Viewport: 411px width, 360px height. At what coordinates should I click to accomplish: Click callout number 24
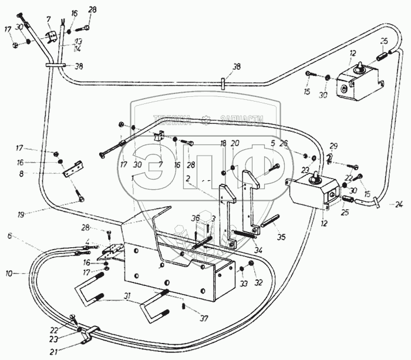(x=399, y=205)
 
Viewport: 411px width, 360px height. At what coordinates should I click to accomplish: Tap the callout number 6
(x=9, y=235)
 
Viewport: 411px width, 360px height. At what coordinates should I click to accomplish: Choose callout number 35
(x=281, y=238)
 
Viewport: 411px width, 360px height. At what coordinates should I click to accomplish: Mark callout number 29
(x=333, y=145)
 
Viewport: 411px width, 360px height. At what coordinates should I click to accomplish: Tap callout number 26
(x=285, y=143)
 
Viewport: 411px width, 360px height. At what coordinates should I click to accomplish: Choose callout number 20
(x=235, y=143)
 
